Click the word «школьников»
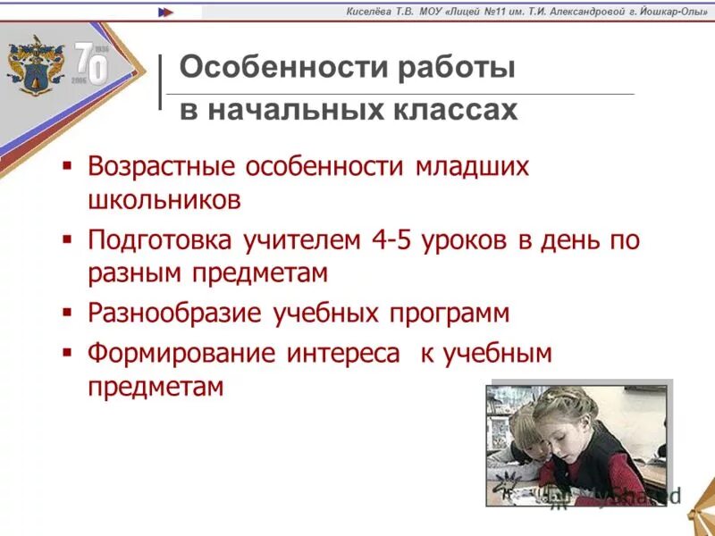point(164,198)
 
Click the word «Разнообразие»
point(174,314)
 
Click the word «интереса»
point(343,354)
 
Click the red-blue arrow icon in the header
point(166,12)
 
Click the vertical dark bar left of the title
point(160,82)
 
